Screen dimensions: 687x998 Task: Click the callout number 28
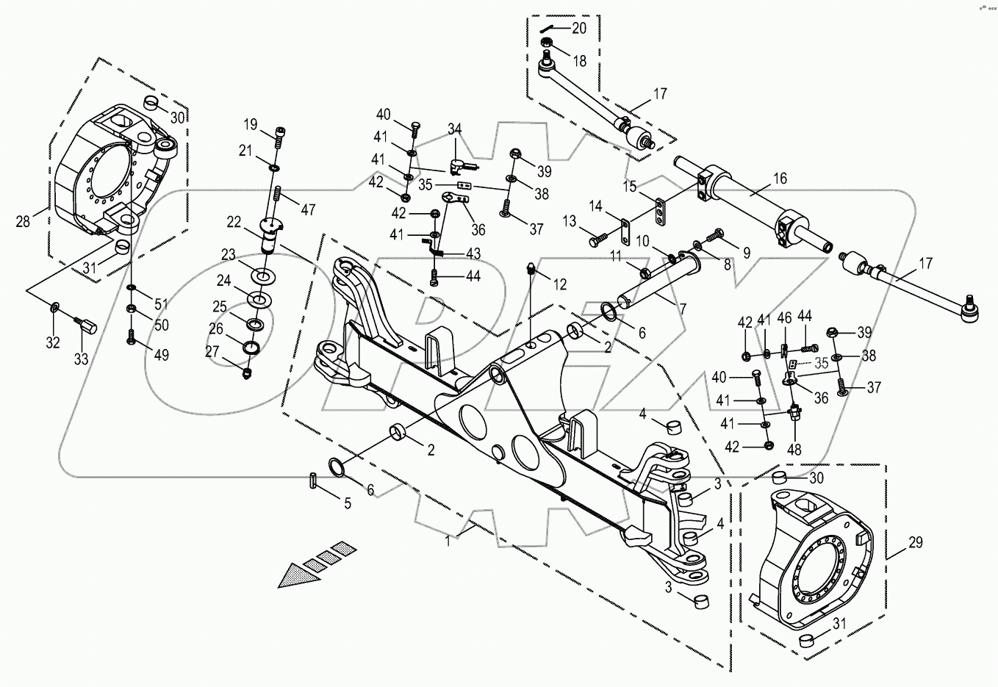[x=23, y=220]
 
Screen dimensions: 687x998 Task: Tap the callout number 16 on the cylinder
[x=779, y=179]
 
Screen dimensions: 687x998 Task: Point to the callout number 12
[x=560, y=284]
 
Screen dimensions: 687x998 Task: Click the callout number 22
[x=234, y=222]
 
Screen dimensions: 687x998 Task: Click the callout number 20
[x=579, y=28]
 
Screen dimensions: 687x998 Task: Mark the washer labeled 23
[x=261, y=277]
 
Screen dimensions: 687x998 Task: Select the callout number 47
[x=307, y=209]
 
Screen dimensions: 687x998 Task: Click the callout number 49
[x=160, y=355]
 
